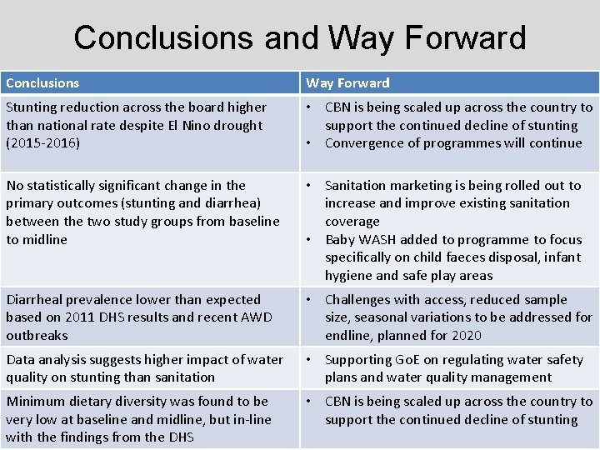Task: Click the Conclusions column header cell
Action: (x=42, y=83)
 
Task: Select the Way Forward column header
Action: (x=347, y=83)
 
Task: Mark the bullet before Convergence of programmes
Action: (x=310, y=143)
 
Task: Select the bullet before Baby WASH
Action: (x=310, y=240)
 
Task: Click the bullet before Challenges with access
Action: (x=310, y=300)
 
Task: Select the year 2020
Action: (x=488, y=336)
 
